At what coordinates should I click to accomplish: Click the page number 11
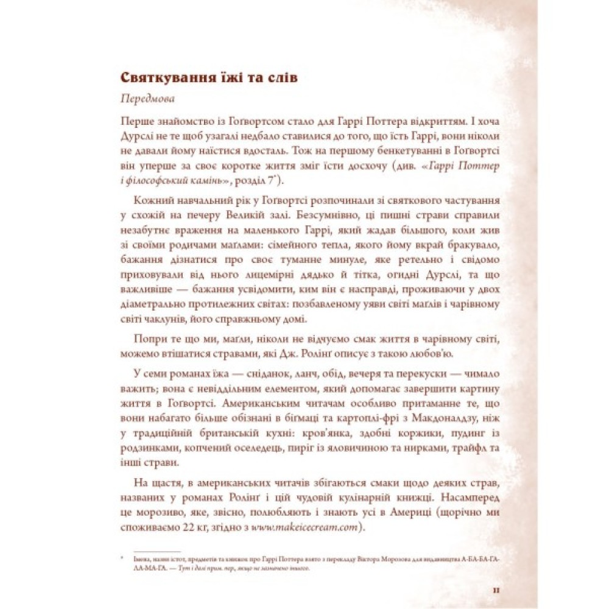point(497,590)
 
